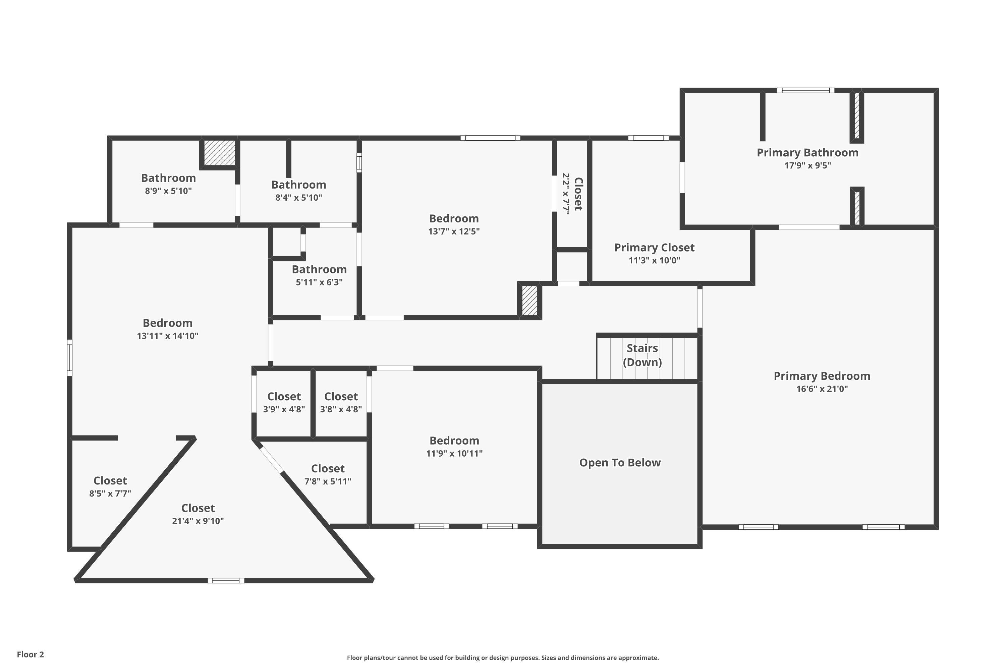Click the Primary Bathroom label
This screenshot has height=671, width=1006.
(807, 153)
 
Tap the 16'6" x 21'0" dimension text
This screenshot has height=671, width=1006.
(822, 389)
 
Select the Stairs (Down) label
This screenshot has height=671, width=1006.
(642, 355)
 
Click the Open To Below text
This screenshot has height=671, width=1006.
(620, 463)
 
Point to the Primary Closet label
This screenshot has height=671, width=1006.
(654, 248)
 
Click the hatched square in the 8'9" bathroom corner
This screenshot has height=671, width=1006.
(219, 153)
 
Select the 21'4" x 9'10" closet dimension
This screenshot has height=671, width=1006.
(198, 521)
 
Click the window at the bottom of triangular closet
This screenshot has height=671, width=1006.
(226, 580)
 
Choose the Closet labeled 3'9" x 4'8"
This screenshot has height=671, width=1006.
(284, 397)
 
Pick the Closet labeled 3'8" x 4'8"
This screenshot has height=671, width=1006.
(341, 397)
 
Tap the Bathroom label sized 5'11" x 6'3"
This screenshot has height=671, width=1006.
(319, 270)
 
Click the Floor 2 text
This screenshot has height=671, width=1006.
(31, 654)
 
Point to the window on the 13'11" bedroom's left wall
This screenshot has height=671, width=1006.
(70, 357)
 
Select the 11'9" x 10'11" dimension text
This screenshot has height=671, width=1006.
(454, 454)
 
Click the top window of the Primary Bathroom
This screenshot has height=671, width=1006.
(805, 90)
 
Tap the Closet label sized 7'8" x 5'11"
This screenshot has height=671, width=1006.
(328, 469)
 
